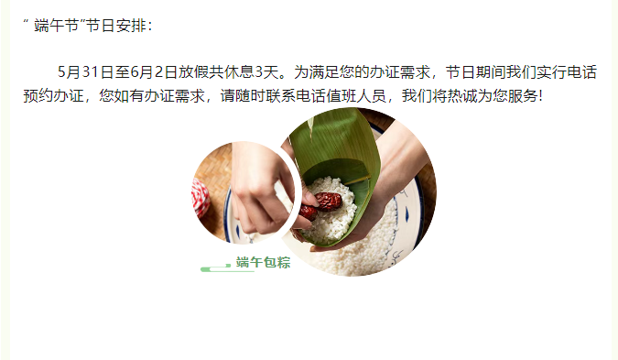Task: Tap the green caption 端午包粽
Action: [x=264, y=262]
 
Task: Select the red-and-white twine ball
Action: [x=201, y=197]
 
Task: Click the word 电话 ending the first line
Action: [x=581, y=72]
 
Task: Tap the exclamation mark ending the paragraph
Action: [x=540, y=96]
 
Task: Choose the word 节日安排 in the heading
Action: [x=115, y=26]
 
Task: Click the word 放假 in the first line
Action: [x=193, y=72]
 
